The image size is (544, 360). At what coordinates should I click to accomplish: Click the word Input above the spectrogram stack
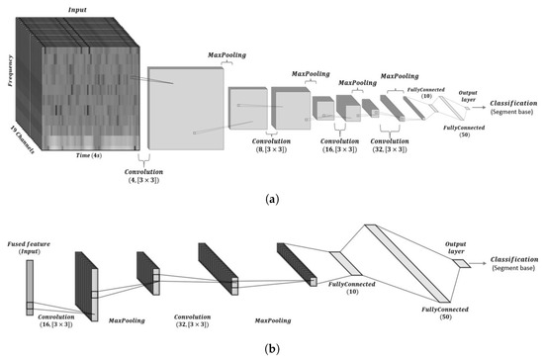click(77, 9)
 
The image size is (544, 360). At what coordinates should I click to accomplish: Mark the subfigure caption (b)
click(271, 349)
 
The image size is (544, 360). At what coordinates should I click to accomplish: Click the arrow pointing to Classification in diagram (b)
click(477, 264)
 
